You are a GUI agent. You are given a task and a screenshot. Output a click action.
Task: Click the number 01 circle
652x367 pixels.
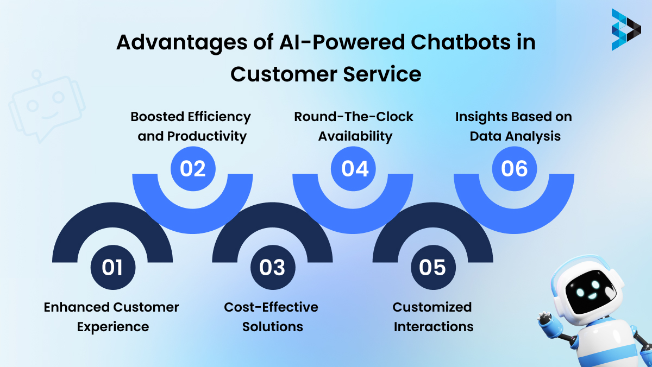(112, 267)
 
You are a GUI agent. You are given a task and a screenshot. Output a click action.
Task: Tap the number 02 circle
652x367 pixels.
(193, 168)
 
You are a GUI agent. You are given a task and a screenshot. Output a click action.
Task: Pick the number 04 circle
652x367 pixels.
(355, 168)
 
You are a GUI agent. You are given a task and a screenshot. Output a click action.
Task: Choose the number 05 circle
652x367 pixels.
(433, 267)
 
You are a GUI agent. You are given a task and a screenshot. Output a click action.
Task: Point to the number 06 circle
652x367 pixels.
(514, 168)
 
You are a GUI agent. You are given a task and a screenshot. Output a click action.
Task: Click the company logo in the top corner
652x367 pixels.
(625, 29)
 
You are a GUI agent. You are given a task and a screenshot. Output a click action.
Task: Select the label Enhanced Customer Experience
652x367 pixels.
(112, 317)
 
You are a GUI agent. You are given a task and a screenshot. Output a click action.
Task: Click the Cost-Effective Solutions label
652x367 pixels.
(272, 317)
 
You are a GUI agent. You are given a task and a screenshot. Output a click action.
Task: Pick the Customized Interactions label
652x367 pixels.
(433, 317)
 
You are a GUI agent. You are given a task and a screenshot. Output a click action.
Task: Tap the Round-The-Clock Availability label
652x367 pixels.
(354, 126)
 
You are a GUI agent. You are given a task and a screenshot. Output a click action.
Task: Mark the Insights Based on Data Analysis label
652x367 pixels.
(514, 126)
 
